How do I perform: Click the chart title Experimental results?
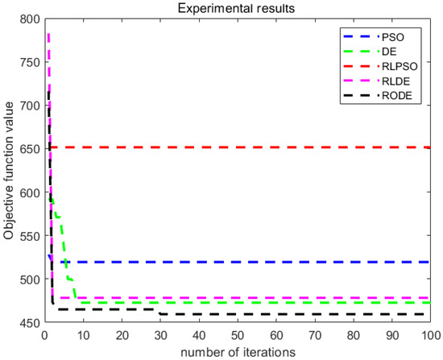[x=238, y=7]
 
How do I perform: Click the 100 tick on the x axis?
[x=429, y=333]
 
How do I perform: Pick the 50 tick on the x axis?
[x=238, y=333]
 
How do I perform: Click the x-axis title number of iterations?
[x=238, y=350]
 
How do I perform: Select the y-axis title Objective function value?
[x=10, y=171]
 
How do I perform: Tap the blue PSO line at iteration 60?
[x=275, y=262]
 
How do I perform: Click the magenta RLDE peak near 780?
[x=48, y=35]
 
